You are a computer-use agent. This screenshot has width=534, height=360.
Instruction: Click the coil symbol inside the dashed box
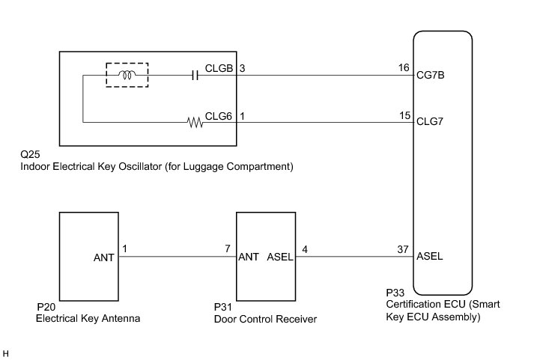point(127,75)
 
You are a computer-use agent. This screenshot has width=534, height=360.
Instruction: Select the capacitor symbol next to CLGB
point(195,75)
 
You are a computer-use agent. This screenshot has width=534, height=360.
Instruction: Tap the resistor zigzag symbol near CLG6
point(195,123)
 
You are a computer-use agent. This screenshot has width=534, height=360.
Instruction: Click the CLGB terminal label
point(219,68)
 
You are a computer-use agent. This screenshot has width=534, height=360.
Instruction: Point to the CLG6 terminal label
point(218,116)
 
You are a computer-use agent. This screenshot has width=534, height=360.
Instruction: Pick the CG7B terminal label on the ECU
point(431,75)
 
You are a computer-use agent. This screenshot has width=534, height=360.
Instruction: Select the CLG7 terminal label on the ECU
point(430,121)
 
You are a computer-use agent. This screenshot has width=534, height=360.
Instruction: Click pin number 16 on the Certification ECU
point(404,67)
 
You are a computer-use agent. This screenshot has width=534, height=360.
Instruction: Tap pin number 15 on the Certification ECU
point(405,116)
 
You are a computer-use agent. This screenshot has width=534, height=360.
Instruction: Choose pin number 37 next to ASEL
point(403,249)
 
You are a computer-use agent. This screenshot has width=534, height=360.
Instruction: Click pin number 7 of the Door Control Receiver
point(228,248)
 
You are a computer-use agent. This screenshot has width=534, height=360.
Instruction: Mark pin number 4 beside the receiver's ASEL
point(305,249)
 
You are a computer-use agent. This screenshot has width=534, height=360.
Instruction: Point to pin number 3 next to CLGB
point(242,68)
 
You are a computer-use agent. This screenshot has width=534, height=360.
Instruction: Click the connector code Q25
point(30,154)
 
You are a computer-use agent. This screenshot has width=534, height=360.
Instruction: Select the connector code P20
point(46,307)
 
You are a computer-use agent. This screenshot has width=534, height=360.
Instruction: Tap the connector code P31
point(222,307)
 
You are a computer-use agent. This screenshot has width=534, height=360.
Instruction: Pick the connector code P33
point(395,293)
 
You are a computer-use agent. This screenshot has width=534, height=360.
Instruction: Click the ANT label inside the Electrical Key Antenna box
point(104,257)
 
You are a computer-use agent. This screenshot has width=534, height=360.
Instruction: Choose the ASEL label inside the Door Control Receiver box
point(280,257)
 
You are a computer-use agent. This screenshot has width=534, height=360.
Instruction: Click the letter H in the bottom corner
point(5,354)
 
